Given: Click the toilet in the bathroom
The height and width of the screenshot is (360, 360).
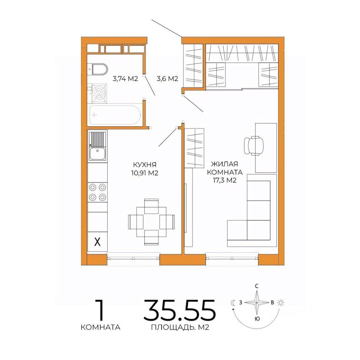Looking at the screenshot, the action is [98, 69].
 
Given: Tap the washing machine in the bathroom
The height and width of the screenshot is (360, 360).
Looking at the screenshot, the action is [99, 93].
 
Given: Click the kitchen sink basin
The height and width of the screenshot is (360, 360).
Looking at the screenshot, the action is [97, 153].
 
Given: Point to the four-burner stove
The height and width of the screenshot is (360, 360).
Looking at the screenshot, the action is [97, 192].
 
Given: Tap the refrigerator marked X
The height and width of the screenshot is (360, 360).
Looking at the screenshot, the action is [97, 241].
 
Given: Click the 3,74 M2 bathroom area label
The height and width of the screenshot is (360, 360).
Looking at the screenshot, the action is [125, 79].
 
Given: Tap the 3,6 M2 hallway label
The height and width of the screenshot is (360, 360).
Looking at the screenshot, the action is [167, 79].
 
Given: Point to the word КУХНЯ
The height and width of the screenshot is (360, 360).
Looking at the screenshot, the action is [145, 165].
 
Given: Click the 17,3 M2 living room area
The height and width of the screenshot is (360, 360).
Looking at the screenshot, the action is [225, 180].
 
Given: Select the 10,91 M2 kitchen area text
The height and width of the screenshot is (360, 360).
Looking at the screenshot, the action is [145, 173].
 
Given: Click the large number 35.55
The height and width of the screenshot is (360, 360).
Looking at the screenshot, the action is [180, 310].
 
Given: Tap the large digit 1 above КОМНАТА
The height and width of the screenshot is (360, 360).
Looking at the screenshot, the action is [100, 310].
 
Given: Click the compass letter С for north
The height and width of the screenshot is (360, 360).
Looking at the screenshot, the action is [257, 286].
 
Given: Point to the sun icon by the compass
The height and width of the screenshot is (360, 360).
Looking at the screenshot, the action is [280, 303].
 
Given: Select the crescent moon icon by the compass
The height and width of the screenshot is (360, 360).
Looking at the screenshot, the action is [233, 303].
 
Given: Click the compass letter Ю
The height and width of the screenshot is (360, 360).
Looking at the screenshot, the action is [257, 319].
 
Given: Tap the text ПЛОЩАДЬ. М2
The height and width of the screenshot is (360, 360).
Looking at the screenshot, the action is [180, 327].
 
